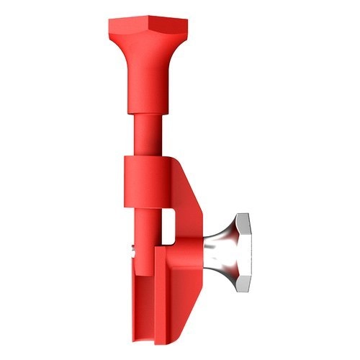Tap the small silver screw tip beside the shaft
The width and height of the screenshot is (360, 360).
pyautogui.click(x=135, y=251)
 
